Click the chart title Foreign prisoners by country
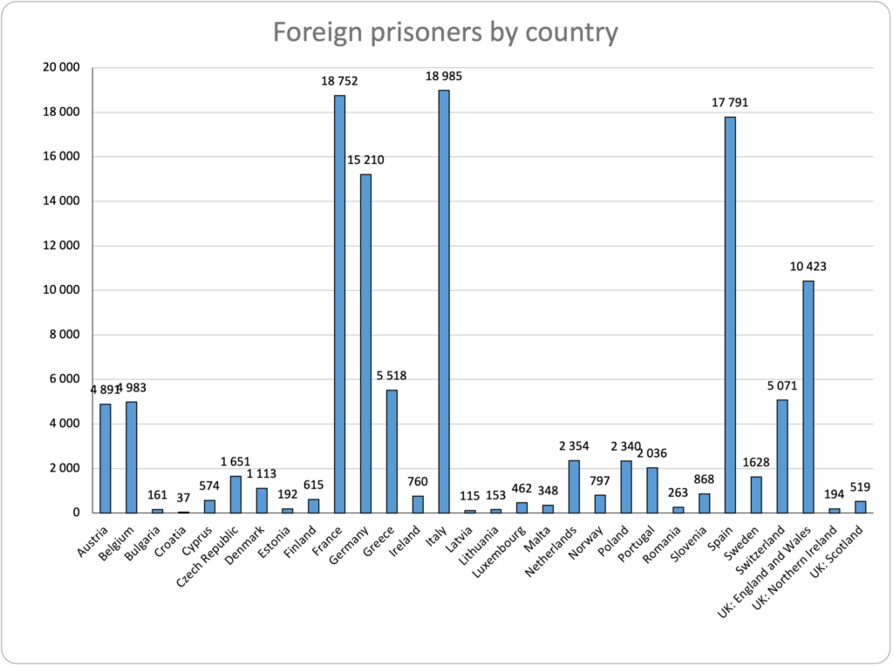tap(446, 32)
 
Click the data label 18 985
tap(444, 77)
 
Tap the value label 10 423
tap(808, 268)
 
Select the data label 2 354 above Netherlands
tap(574, 446)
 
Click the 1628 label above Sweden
tap(756, 463)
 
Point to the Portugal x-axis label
tap(635, 542)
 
